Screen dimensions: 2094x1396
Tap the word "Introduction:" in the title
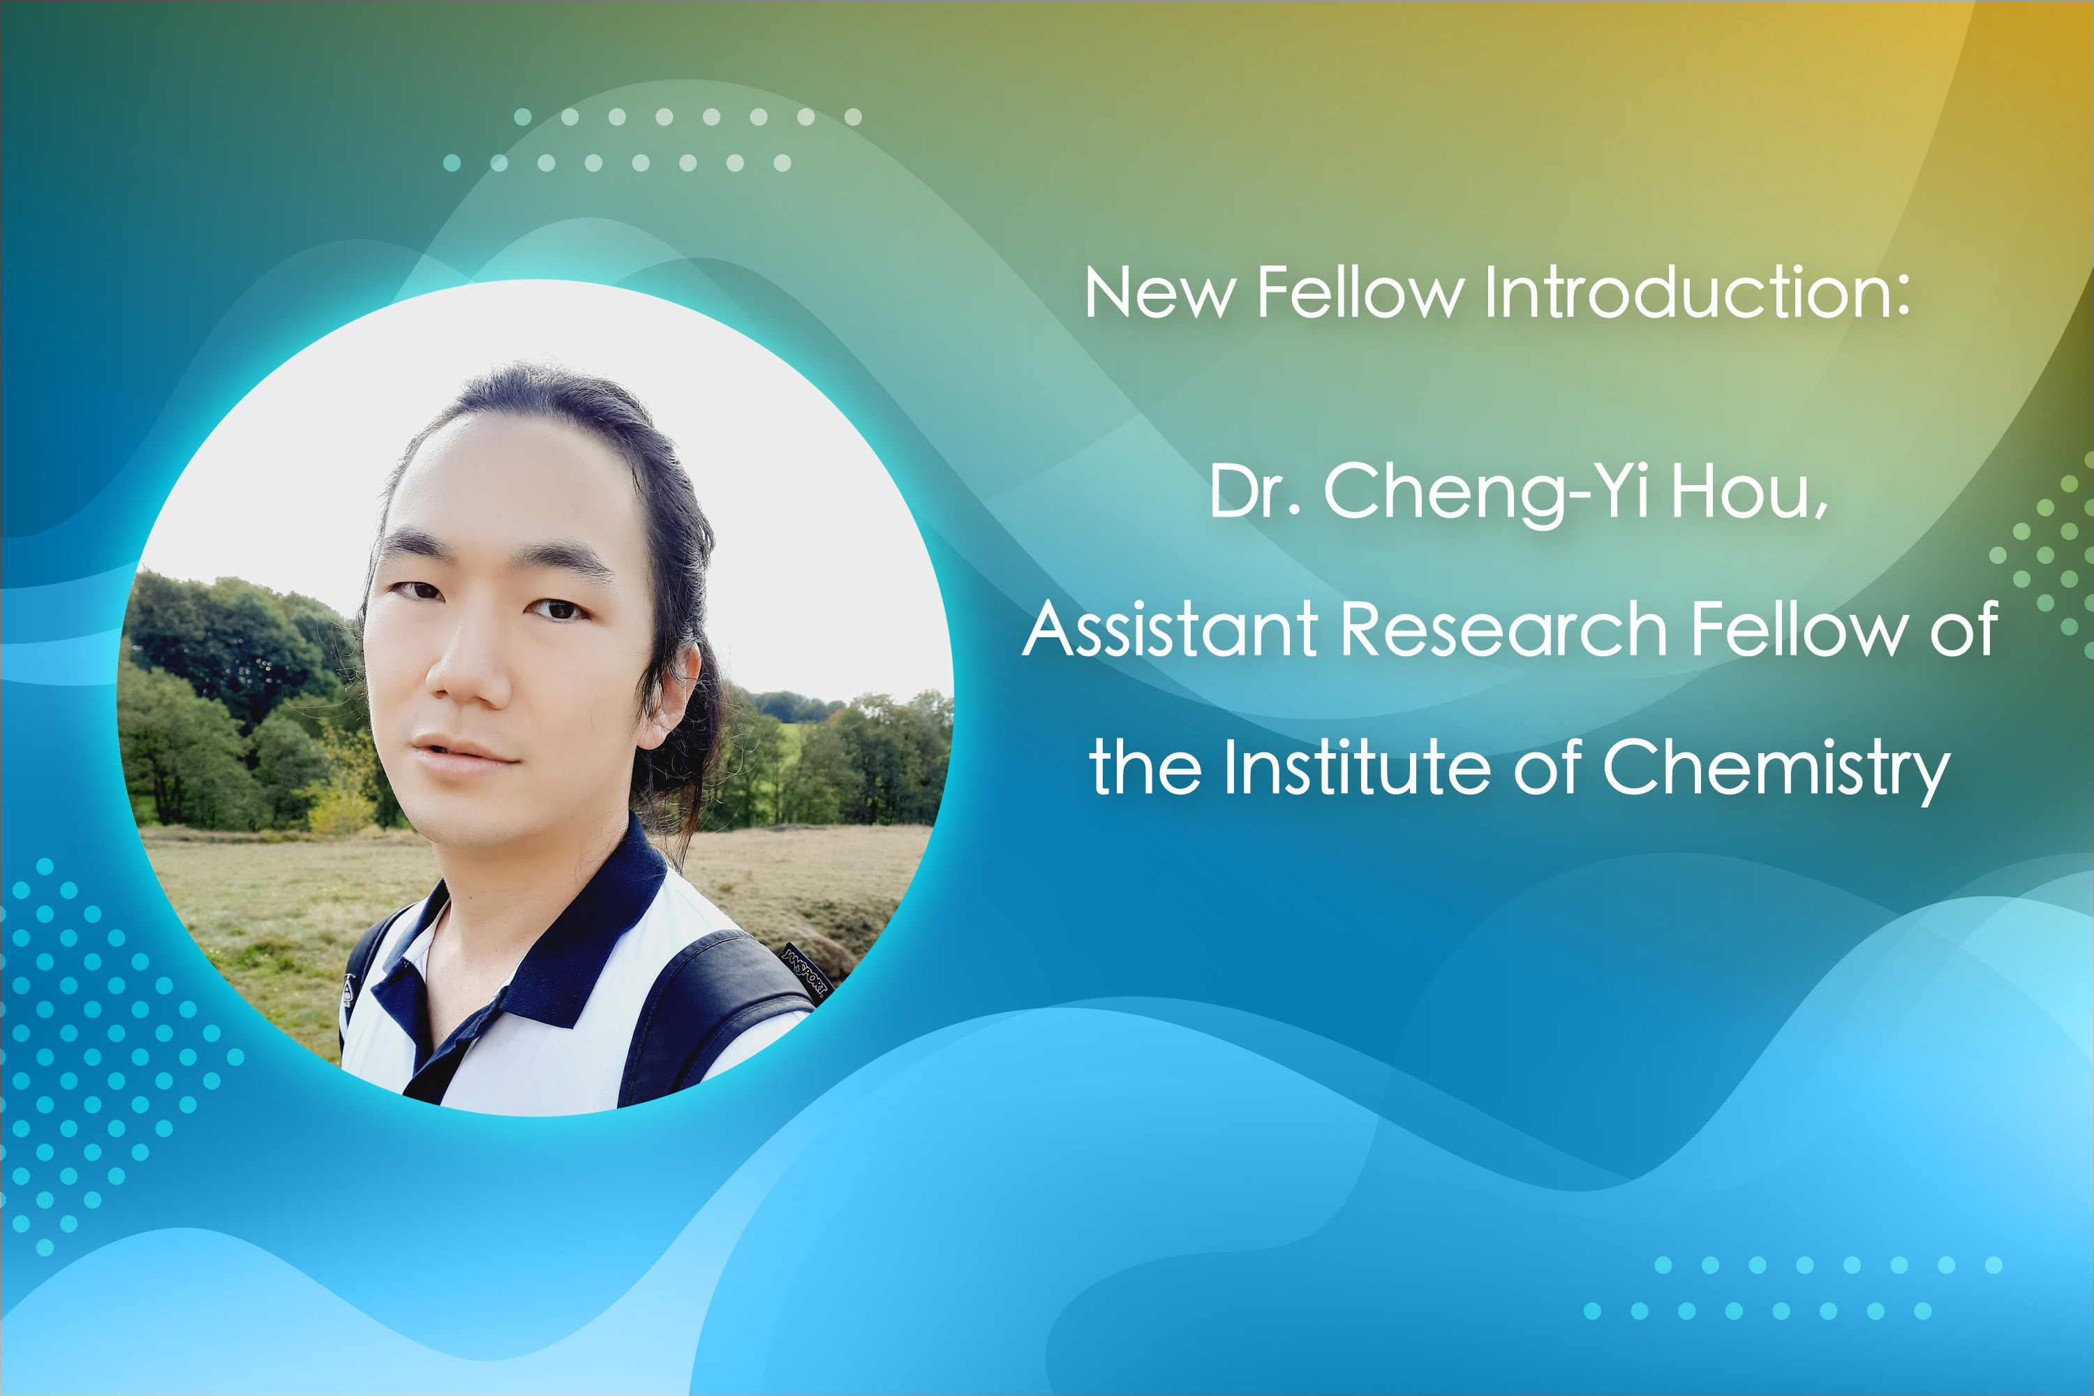1698,292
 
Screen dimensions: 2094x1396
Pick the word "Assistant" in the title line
1170,629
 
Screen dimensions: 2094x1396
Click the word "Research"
1503,629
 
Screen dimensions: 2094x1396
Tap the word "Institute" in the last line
1357,766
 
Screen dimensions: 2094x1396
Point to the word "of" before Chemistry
1547,766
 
